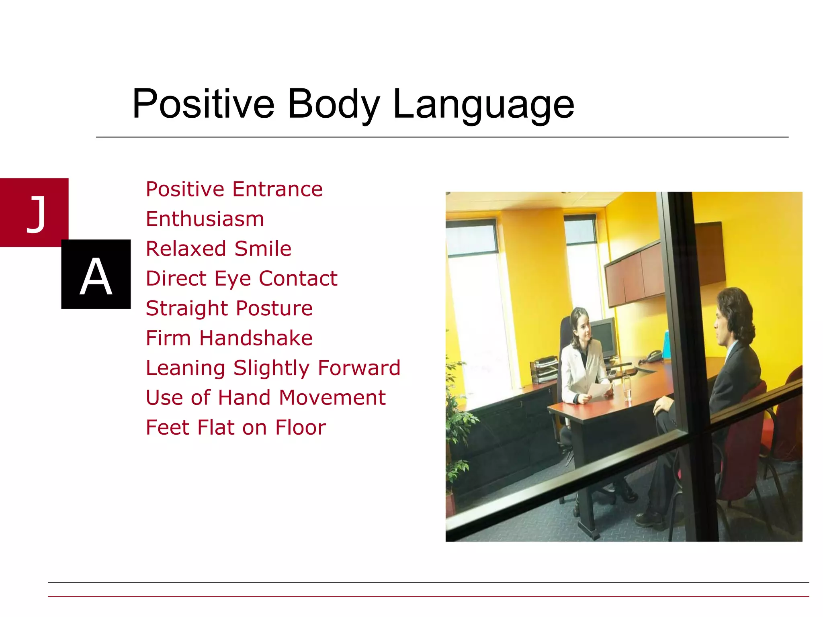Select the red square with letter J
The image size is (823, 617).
34,212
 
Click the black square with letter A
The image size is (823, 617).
96,274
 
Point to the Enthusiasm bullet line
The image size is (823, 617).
205,219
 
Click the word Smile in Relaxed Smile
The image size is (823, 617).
263,249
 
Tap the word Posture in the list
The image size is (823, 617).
274,308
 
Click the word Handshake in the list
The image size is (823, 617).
256,338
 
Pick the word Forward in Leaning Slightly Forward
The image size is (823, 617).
359,368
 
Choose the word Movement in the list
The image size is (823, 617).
332,398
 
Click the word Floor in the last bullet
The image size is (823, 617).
300,427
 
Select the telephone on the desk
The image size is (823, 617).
654,355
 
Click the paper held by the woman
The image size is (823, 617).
599,390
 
